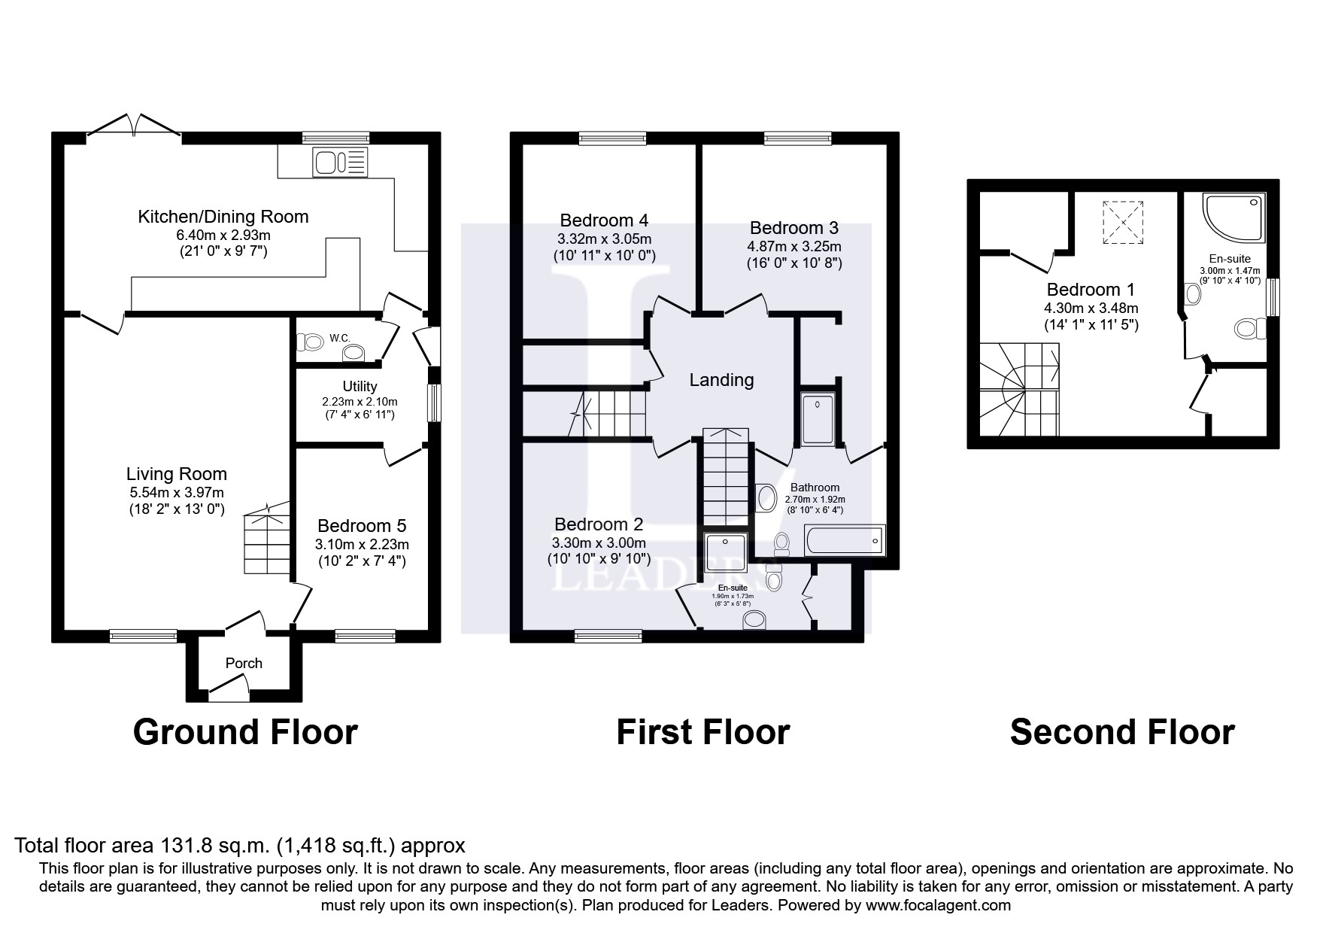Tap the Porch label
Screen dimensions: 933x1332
(x=244, y=663)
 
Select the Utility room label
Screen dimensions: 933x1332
(x=360, y=386)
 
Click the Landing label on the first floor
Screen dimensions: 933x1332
(x=721, y=380)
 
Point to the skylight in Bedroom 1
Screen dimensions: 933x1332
(x=1122, y=222)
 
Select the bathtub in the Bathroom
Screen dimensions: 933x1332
(x=844, y=540)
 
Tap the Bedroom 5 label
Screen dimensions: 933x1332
(x=362, y=525)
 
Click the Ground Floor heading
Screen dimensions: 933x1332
(x=245, y=731)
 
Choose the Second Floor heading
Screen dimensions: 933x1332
(x=1121, y=731)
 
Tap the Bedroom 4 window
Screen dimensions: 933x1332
(x=612, y=138)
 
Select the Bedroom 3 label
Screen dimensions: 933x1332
(x=793, y=227)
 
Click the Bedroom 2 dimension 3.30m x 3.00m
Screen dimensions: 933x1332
(x=599, y=542)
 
